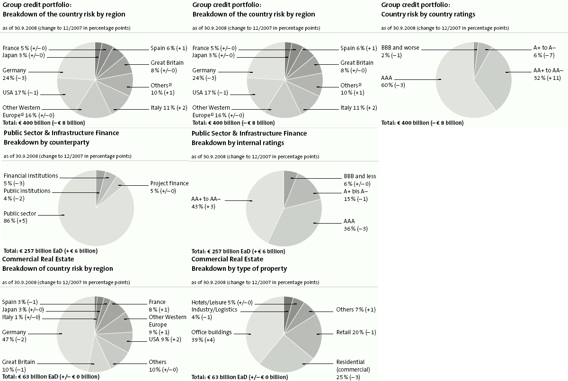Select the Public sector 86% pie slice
[90, 222]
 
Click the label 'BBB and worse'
[400, 48]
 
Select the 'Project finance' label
[169, 183]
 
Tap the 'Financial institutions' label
[30, 176]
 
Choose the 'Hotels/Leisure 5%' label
[222, 303]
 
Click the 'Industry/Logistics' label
[214, 310]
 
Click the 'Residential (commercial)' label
[353, 365]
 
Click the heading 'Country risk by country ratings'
[428, 14]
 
